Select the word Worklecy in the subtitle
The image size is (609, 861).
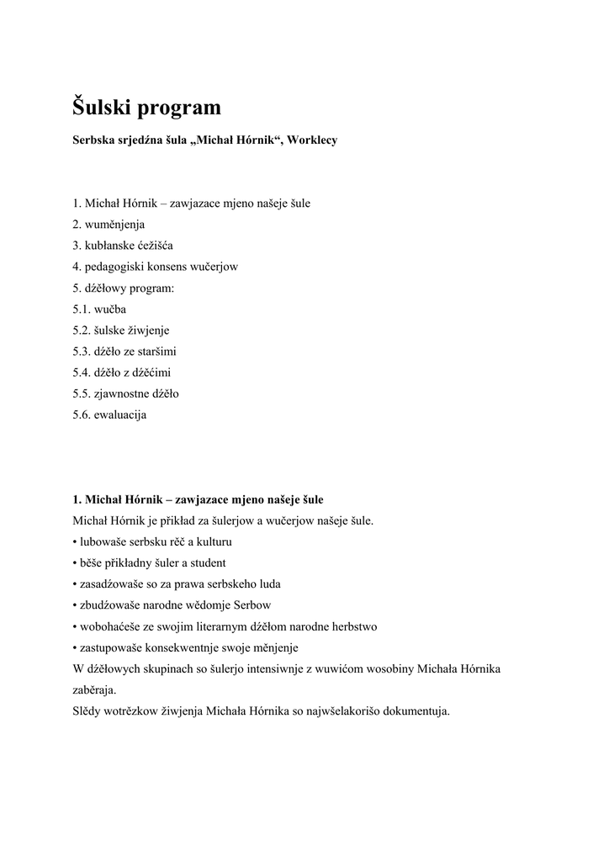[312, 140]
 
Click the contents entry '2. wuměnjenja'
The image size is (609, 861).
[109, 224]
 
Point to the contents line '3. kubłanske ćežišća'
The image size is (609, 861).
[122, 246]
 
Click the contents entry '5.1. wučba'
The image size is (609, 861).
[99, 309]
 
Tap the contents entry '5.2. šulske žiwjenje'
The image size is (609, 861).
[121, 330]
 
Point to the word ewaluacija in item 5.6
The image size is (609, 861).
[121, 414]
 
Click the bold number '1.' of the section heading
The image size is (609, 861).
[77, 499]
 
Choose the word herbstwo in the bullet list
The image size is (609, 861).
[354, 626]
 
